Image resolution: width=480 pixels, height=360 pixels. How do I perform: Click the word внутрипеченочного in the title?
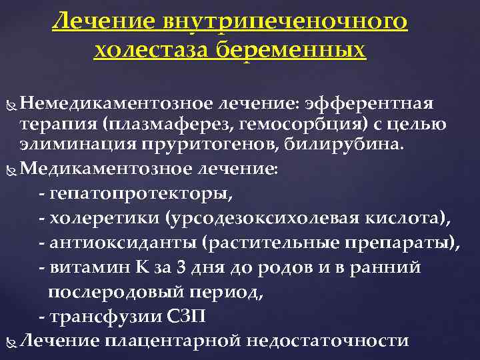coord(285,23)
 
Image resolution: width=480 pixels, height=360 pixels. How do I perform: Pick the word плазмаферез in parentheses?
coord(151,123)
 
